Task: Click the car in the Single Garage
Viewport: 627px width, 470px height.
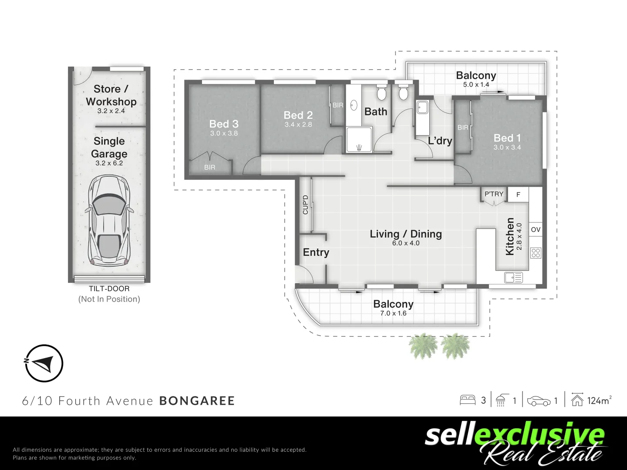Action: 109,221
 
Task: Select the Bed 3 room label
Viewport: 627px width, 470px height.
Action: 224,124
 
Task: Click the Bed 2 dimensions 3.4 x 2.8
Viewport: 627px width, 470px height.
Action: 298,125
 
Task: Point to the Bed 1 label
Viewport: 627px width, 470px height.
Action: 507,138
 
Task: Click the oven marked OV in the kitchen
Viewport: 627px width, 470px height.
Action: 536,230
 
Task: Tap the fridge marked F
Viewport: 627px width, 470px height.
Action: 518,195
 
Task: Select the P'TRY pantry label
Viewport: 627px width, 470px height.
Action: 494,194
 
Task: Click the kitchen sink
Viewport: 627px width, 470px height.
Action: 513,277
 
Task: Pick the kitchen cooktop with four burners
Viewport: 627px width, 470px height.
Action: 536,253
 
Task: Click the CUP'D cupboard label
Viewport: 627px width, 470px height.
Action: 305,205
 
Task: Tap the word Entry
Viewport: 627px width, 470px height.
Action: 316,252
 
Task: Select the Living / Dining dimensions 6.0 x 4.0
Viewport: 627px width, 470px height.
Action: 406,243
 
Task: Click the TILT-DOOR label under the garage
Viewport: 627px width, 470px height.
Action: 109,289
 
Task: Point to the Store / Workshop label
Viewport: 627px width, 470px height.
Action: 111,95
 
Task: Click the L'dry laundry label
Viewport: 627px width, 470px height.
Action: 440,141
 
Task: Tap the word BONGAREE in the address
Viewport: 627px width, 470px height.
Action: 197,401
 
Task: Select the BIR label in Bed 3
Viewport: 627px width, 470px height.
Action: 209,167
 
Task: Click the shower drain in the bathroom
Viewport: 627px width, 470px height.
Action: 359,147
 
